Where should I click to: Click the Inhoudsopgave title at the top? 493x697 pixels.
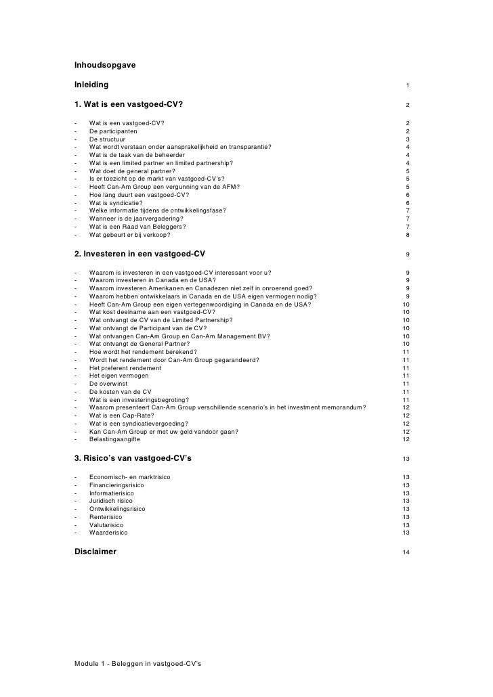click(105, 66)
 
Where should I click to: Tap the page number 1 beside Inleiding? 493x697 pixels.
click(407, 86)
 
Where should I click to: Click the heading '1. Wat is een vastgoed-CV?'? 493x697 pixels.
click(129, 105)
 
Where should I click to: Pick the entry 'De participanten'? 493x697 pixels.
click(113, 131)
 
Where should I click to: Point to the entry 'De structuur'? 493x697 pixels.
click(108, 139)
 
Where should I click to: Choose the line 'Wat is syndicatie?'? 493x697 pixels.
click(116, 202)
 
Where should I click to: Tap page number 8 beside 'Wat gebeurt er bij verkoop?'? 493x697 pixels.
click(407, 235)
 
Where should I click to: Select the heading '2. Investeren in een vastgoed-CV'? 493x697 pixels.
click(140, 254)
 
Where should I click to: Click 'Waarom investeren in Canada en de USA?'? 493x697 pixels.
click(152, 281)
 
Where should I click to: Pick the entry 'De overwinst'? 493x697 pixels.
click(108, 384)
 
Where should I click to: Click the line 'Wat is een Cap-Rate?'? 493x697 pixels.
click(121, 415)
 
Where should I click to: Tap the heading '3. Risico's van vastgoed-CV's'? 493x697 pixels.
click(133, 459)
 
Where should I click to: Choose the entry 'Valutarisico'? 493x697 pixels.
click(107, 524)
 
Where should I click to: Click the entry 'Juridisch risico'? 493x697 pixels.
click(111, 501)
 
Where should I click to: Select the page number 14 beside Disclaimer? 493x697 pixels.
click(406, 553)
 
